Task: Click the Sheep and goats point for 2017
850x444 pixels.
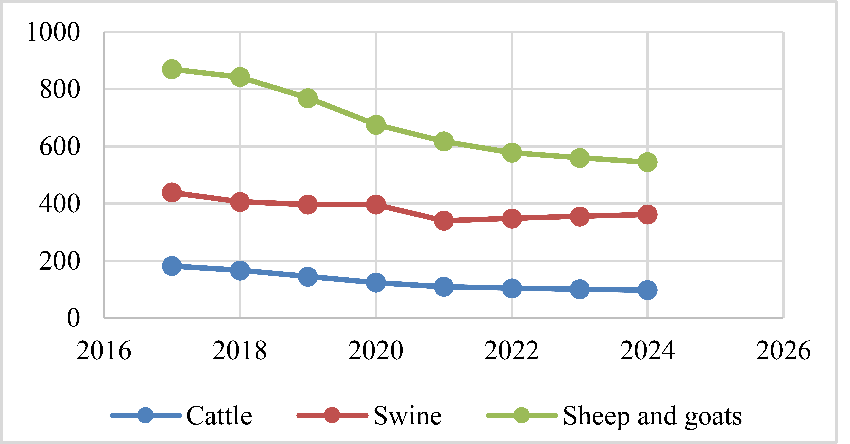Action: click(x=172, y=69)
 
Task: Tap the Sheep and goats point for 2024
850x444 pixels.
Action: click(x=647, y=162)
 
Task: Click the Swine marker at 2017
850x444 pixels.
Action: click(x=172, y=192)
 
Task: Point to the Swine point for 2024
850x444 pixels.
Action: click(x=647, y=215)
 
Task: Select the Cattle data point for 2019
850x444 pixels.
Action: click(x=308, y=277)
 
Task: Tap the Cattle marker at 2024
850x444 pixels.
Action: click(x=647, y=290)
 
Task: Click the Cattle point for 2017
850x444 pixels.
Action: click(x=172, y=266)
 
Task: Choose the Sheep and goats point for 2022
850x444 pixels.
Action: click(x=512, y=153)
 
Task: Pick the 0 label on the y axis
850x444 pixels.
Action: click(x=73, y=318)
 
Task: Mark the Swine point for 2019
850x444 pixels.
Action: click(x=308, y=204)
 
